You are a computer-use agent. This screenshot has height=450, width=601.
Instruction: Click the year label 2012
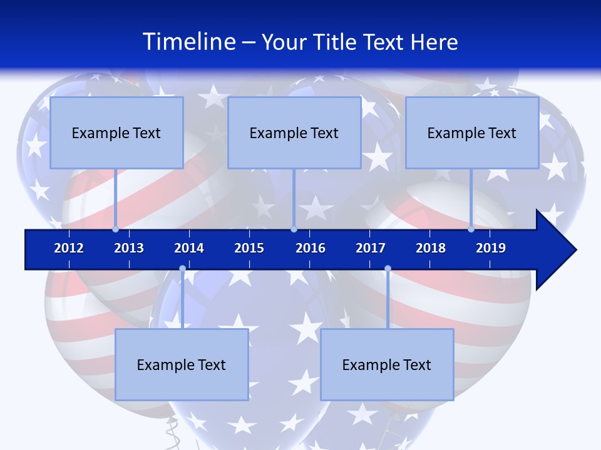point(69,248)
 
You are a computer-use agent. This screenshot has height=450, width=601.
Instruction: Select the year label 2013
point(129,248)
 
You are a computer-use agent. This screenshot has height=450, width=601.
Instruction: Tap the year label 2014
point(189,248)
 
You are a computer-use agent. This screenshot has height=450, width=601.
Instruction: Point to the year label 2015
point(249,248)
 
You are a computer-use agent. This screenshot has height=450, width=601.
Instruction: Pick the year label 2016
point(311,248)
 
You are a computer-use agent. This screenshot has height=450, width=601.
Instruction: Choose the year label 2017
point(371,248)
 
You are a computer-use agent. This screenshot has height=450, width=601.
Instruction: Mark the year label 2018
point(431,248)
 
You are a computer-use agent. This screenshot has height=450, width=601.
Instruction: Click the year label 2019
point(491,248)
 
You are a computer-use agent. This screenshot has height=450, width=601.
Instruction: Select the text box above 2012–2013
point(116,132)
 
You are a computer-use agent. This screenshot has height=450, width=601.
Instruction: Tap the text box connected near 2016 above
point(294,132)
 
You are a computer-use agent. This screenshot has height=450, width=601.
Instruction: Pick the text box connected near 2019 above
point(472,132)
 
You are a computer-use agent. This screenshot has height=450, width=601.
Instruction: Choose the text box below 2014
point(182,364)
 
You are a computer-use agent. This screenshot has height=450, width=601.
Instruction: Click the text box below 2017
point(387,364)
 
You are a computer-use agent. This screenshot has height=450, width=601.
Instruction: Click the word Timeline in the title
point(188,42)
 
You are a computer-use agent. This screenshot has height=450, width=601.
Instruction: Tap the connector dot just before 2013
point(115,229)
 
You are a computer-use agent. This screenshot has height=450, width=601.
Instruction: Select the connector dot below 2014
point(182,269)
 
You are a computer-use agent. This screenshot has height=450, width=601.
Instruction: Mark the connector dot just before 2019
point(471,229)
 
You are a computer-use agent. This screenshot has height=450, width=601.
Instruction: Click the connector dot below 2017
point(388,269)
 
